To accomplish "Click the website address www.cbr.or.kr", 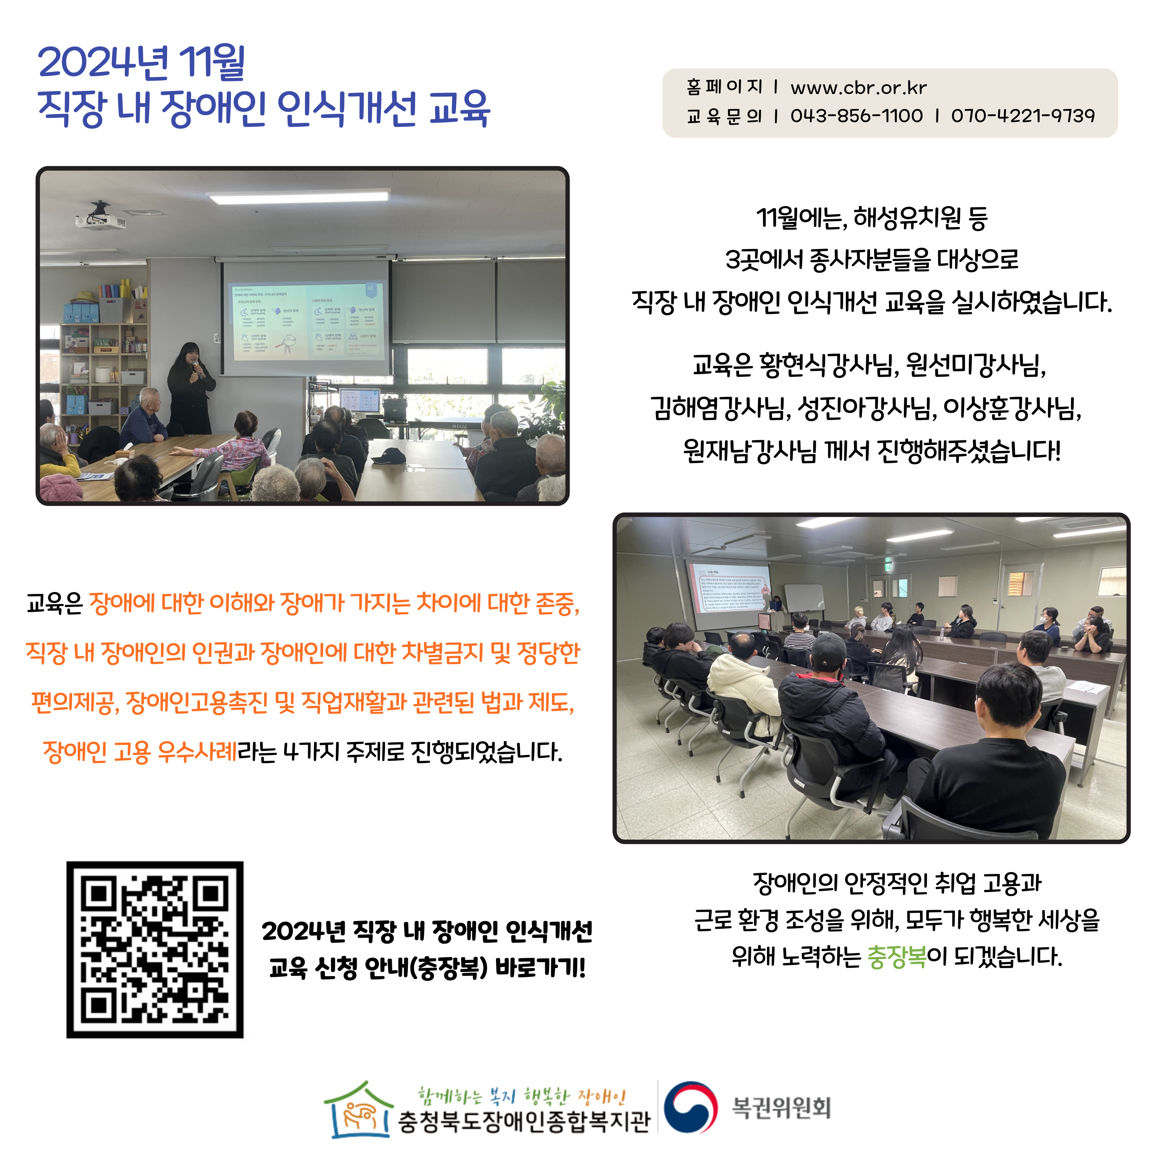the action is click(x=858, y=88).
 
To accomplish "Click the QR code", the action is click(x=155, y=950).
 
